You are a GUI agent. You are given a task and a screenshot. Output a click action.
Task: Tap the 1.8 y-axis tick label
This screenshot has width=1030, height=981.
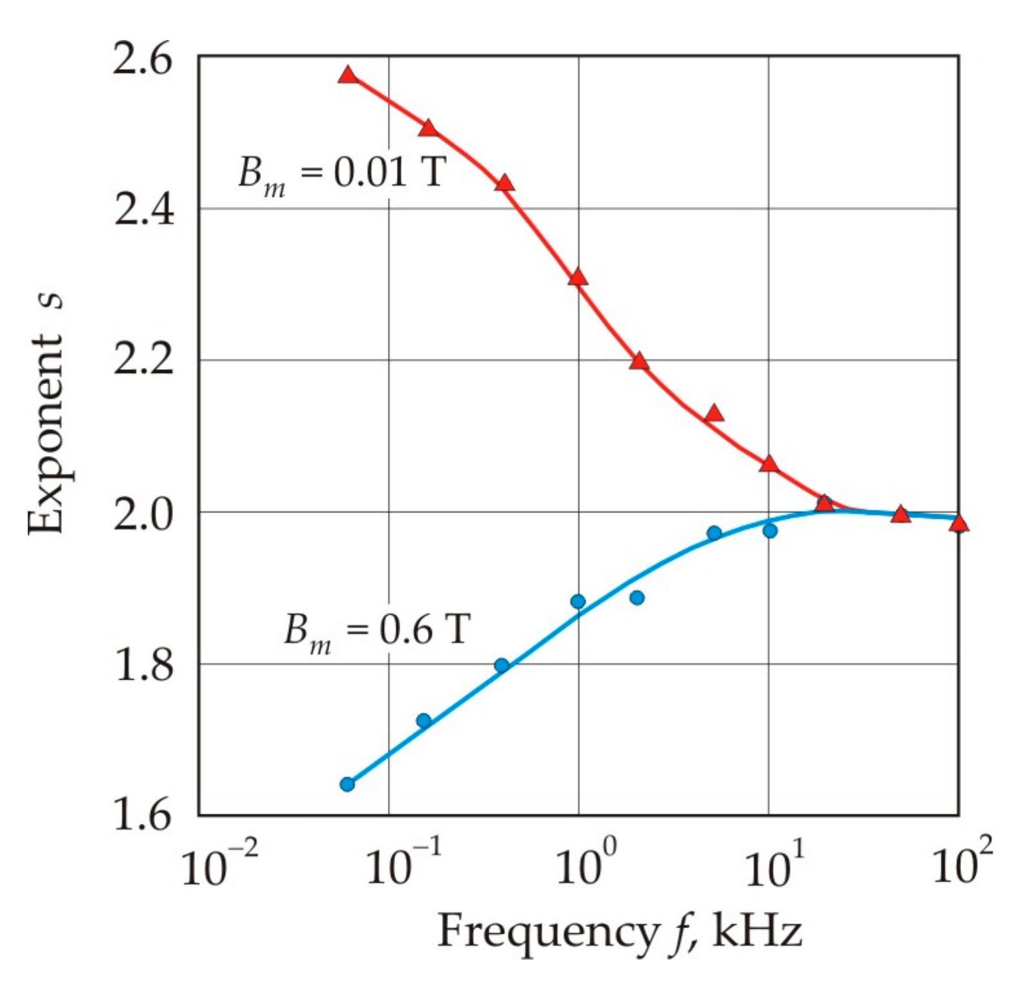point(143,664)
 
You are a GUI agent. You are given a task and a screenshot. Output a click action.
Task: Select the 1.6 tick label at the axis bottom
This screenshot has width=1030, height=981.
point(143,814)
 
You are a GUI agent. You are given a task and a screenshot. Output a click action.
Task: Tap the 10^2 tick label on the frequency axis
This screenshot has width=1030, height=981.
point(962,865)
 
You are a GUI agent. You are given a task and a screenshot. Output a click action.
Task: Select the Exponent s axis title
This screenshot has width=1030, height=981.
point(46,413)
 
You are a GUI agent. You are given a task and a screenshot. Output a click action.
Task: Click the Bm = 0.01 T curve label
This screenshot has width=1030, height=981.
point(342,174)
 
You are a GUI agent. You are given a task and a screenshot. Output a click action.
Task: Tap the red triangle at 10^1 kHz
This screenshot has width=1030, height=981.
point(768,464)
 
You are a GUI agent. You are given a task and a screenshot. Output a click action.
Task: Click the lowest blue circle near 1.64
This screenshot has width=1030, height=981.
point(347,784)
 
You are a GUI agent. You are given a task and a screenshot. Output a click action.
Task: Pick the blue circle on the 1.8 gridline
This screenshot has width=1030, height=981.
point(501,665)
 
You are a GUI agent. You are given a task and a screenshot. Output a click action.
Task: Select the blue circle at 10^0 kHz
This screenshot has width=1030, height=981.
point(578,602)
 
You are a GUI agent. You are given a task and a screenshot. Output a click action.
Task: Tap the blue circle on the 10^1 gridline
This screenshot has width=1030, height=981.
point(770,531)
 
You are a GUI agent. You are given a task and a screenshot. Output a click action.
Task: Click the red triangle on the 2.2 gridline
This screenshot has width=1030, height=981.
point(639,361)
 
